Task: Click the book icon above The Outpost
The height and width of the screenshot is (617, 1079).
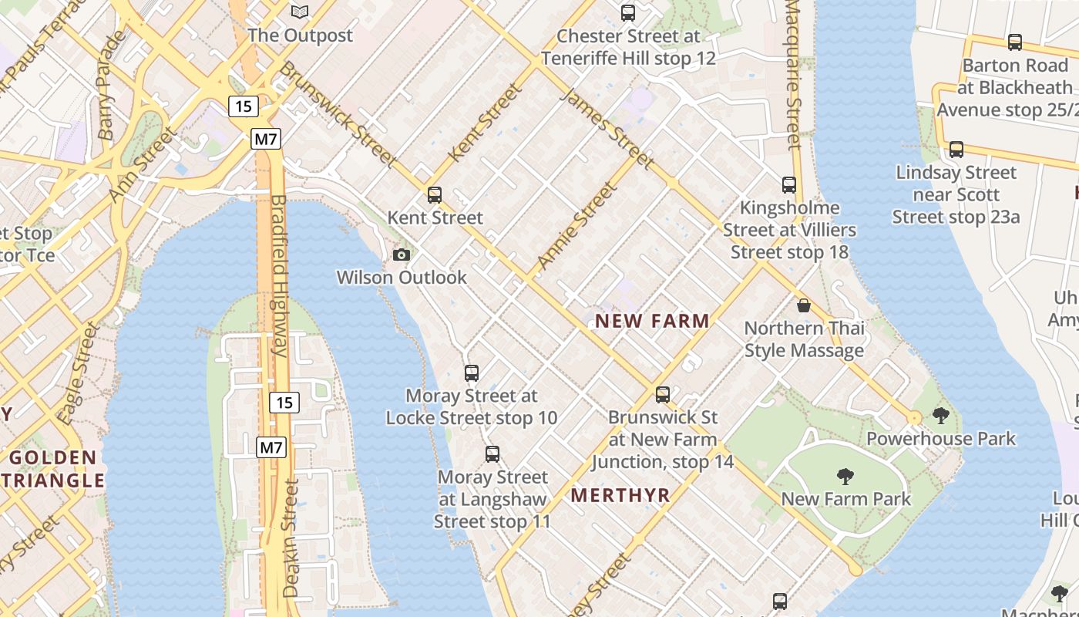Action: [x=300, y=12]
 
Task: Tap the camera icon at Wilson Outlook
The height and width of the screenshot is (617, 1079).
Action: [x=402, y=255]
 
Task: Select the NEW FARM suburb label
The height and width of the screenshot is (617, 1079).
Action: [x=653, y=321]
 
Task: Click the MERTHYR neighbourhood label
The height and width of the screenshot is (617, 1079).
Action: [x=620, y=496]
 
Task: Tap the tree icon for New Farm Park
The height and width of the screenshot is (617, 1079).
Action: [x=845, y=476]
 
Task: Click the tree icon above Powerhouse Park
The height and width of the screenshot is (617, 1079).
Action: [x=940, y=416]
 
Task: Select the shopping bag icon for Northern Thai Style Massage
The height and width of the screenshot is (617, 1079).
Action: [x=804, y=305]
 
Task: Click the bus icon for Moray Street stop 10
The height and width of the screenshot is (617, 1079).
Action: [x=472, y=373]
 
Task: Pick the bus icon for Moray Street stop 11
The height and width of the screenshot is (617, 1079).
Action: [x=492, y=454]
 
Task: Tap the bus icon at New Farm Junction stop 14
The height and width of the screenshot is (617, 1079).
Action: [x=663, y=395]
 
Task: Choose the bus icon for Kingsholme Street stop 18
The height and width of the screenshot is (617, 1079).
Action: [x=789, y=185]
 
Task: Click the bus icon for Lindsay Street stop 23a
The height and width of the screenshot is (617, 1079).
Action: [x=956, y=150]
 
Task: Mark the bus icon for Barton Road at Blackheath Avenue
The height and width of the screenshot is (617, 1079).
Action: [x=1015, y=42]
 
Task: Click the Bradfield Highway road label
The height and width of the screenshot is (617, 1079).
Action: [x=278, y=275]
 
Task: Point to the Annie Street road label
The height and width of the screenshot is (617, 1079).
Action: [x=576, y=225]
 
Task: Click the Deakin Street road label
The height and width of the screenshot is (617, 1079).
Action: [x=291, y=538]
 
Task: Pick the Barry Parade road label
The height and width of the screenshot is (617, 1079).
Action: [x=112, y=85]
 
